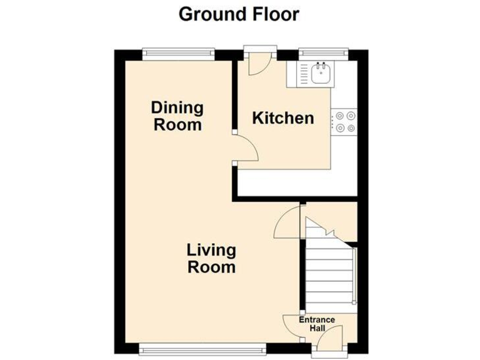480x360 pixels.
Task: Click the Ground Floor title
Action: pos(239,14)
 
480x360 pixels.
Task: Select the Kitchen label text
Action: pos(282,117)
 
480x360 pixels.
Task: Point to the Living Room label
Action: pos(212,259)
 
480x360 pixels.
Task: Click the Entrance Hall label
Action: pos(317,324)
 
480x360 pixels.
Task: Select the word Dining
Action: pos(177,107)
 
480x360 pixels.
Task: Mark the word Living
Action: pos(212,251)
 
